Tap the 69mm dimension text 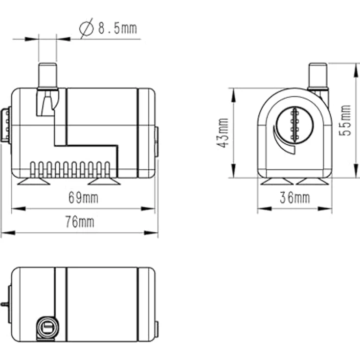tap(83, 198)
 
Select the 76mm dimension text tap(80, 222)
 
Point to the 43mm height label tap(223, 133)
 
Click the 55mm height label tap(345, 120)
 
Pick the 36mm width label tap(295, 198)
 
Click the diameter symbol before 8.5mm tap(87, 28)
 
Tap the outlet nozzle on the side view tap(47, 76)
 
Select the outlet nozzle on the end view tap(318, 76)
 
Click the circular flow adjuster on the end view tap(294, 126)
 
